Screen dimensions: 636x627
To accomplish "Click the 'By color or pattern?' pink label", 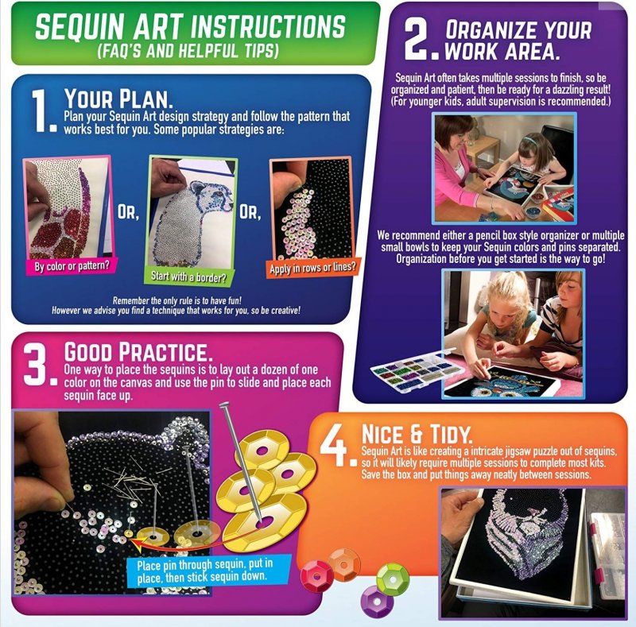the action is point(72,265).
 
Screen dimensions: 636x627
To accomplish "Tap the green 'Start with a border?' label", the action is point(188,277).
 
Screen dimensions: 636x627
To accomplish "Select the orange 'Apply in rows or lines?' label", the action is point(312,266).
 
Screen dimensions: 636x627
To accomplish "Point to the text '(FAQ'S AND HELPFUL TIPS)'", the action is point(188,51).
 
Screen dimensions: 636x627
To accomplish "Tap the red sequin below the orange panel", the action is point(316,575).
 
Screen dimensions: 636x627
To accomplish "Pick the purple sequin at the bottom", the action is point(377,601).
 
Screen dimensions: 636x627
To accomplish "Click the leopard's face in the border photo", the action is point(211,195).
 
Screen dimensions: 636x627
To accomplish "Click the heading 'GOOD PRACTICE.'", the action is point(138,351).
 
